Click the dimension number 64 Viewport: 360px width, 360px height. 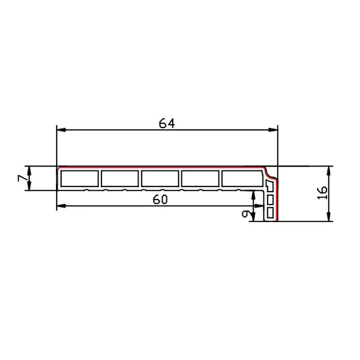[167, 123]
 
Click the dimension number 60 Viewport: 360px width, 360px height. [160, 199]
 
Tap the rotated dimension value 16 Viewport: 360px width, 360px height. [323, 193]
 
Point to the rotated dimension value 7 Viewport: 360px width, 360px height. [21, 178]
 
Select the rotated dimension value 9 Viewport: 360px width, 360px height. [246, 214]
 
